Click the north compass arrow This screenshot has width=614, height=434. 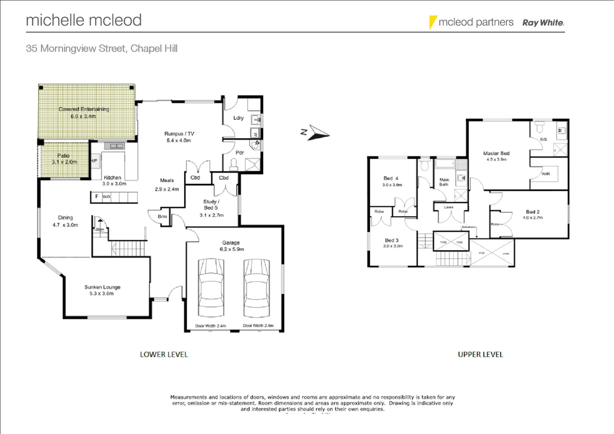319,133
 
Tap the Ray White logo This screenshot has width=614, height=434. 543,23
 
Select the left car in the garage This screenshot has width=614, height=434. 211,288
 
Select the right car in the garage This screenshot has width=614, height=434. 257,288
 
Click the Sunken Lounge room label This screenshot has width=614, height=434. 102,290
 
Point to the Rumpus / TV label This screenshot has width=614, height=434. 179,137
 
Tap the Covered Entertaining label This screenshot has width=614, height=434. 84,113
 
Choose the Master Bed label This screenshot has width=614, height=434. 496,156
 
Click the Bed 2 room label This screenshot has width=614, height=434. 532,214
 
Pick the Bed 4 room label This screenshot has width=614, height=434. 391,181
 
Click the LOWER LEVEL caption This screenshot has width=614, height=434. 164,354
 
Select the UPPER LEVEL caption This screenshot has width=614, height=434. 480,354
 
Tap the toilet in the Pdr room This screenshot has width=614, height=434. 233,163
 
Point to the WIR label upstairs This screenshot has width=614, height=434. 545,174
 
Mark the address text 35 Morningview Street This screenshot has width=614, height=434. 101,49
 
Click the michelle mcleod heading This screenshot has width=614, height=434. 84,20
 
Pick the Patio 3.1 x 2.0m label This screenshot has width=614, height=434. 64,159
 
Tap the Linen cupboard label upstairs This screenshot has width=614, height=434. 448,207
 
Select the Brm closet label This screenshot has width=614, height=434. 162,217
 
